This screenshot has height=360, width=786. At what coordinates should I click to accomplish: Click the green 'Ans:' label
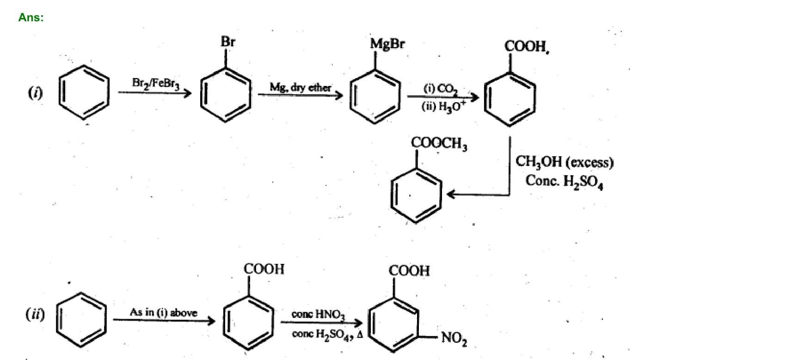(x=31, y=18)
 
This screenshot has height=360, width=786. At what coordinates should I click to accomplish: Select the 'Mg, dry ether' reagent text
(x=300, y=87)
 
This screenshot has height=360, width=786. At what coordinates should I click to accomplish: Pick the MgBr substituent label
(x=387, y=44)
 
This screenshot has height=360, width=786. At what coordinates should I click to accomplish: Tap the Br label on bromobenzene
(x=227, y=42)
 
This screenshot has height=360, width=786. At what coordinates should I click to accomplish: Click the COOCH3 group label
(x=439, y=143)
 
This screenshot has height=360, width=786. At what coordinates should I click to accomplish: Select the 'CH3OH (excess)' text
(x=564, y=162)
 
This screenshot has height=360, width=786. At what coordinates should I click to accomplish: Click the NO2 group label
(x=454, y=339)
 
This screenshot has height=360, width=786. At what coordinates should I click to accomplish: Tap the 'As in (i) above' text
(x=163, y=312)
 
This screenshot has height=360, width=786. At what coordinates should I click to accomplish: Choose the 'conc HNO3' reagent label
(x=318, y=314)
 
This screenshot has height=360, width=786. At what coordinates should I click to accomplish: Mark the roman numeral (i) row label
(x=35, y=93)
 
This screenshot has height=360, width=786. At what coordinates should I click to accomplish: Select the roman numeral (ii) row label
(x=35, y=315)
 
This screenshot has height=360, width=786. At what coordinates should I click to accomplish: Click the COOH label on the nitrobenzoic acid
(x=409, y=270)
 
